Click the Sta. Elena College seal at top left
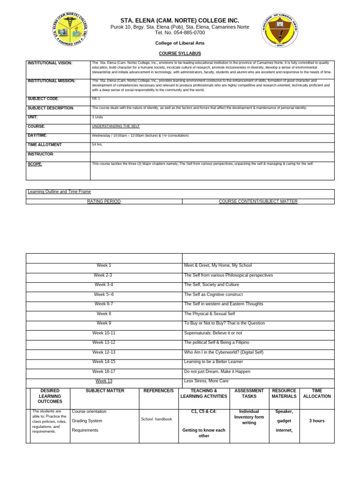[70, 30]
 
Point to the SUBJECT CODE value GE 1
[96, 99]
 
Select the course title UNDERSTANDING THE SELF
[116, 126]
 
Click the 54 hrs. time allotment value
[97, 144]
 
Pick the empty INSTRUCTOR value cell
[212, 156]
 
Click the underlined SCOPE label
[35, 164]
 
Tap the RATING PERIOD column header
[104, 201]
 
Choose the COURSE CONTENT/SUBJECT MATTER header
[258, 201]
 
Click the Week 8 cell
[104, 314]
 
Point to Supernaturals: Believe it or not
[214, 333]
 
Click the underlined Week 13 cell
[104, 381]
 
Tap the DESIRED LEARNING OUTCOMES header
[50, 396]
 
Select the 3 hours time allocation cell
[317, 421]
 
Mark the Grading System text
[87, 421]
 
